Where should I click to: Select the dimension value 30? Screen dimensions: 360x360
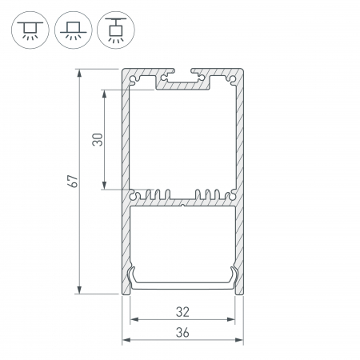(98, 139)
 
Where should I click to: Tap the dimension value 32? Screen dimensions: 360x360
(182, 312)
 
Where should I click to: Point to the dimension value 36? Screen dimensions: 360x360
(182, 333)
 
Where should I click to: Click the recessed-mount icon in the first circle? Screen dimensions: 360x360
(30, 30)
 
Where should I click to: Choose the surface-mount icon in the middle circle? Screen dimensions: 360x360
(74, 30)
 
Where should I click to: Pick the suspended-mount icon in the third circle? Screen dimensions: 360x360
(116, 30)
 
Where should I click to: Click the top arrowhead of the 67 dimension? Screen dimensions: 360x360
(79, 73)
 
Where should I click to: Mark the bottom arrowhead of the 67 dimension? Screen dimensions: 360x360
(79, 290)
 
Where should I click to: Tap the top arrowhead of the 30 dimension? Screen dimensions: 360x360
(104, 94)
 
